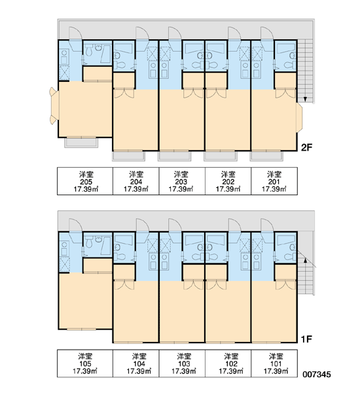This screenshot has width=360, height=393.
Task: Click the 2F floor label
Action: [x=306, y=147]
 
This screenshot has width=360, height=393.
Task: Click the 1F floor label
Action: [x=306, y=339]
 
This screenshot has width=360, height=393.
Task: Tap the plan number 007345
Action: [x=316, y=374]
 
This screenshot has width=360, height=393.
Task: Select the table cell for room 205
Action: [x=85, y=181]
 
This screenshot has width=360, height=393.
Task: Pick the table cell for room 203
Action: [x=182, y=181]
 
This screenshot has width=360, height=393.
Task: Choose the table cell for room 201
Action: [x=274, y=181]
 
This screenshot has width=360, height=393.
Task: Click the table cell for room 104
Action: [x=136, y=363]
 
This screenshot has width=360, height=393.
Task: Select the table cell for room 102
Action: [x=228, y=363]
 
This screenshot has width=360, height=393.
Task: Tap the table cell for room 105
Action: [x=85, y=363]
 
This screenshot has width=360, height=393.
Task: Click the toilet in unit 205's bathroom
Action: [x=88, y=51]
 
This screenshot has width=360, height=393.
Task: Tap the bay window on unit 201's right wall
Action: [x=299, y=117]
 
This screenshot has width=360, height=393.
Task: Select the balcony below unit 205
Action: [x=81, y=143]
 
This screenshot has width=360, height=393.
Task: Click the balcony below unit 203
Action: [x=175, y=156]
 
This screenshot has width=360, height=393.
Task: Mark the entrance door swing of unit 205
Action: [x=75, y=33]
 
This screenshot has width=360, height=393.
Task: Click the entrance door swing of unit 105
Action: [x=75, y=225]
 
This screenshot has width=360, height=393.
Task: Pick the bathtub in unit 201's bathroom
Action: [x=285, y=48]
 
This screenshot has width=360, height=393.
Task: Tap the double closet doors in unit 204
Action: [x=124, y=93]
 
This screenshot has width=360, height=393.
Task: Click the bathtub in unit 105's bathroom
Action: [x=106, y=246]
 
